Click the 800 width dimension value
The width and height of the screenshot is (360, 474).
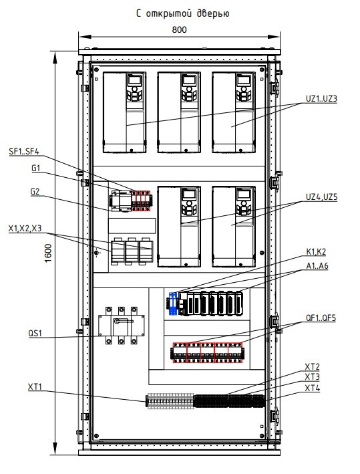point(180,29)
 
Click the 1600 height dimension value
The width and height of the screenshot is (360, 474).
point(48,253)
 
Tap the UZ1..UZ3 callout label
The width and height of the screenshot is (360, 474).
point(321,98)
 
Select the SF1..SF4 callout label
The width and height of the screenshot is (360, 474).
point(24,151)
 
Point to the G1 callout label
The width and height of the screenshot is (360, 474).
point(36,168)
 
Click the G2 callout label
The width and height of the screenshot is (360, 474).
point(35,192)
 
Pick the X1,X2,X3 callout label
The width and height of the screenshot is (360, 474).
point(25,229)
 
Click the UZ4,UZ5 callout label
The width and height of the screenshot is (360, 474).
point(322,197)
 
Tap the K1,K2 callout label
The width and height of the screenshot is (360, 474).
point(316,251)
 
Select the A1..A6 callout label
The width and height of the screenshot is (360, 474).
point(317,265)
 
